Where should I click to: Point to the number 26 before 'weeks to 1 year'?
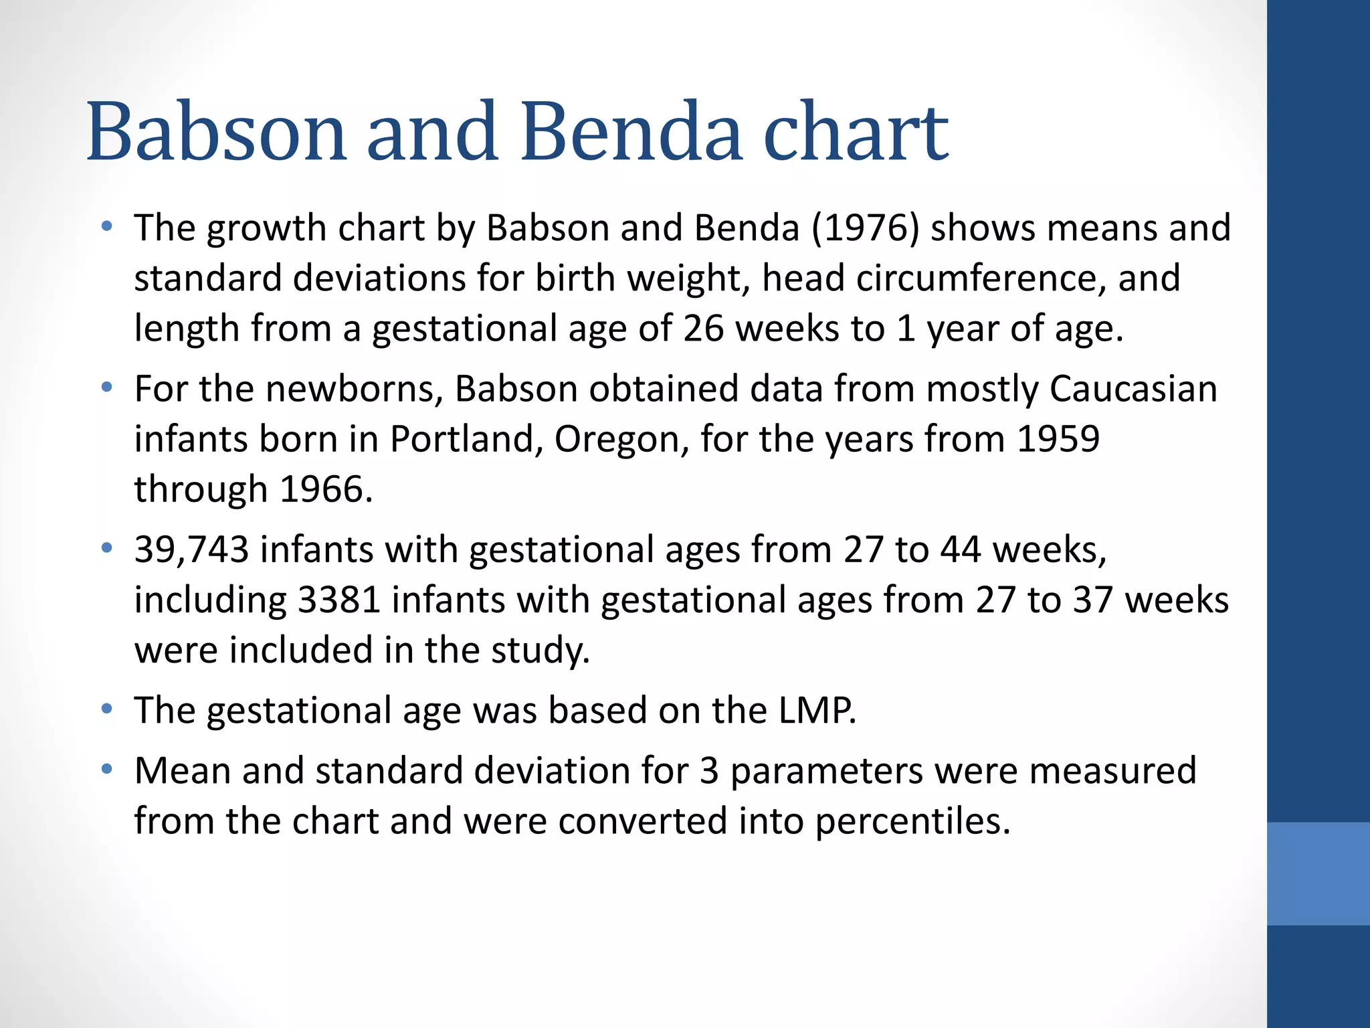click(x=703, y=329)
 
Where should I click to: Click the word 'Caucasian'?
click(x=1133, y=389)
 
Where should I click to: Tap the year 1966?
click(x=325, y=490)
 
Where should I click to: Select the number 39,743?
click(x=191, y=550)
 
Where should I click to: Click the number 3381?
click(x=339, y=600)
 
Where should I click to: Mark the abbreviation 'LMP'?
click(x=814, y=711)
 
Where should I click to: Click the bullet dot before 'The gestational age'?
click(x=106, y=709)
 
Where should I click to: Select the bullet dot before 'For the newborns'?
click(x=106, y=388)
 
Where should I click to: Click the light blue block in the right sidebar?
click(x=1318, y=873)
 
